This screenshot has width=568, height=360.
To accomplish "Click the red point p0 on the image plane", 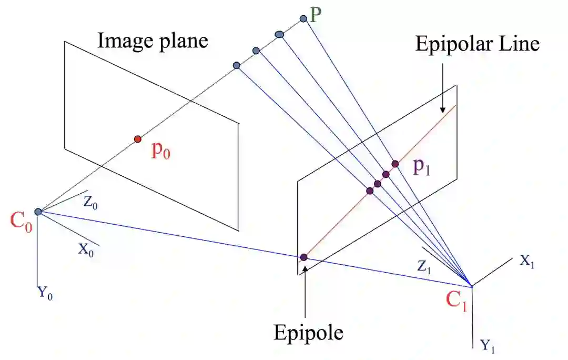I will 137,139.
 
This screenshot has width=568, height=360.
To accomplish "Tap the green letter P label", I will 316,15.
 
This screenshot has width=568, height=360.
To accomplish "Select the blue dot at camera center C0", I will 38,212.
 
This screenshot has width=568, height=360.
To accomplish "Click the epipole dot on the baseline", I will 303,257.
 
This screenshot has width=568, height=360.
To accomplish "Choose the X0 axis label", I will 86,249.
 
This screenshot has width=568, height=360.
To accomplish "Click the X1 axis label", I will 528,261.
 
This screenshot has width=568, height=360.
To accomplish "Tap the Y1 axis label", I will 487,346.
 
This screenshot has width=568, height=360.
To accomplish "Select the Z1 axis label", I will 425,267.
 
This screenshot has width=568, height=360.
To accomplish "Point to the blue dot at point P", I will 303,19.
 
